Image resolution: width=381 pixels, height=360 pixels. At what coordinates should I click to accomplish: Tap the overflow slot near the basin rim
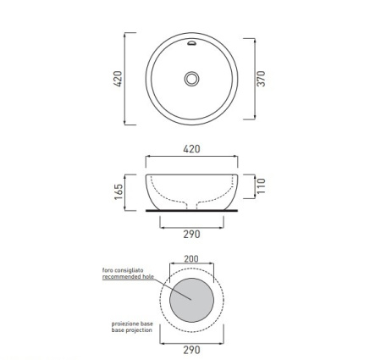coord(191,43)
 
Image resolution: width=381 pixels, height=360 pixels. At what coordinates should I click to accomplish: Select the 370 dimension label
coord(261,79)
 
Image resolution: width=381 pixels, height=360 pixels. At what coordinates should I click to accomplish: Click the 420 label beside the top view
coord(118,79)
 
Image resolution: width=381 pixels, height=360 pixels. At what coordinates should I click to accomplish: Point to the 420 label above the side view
coord(191,149)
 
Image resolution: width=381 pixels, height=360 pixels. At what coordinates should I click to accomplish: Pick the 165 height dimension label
coord(119,191)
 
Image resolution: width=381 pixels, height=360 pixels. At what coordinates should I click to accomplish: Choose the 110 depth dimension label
coord(261,186)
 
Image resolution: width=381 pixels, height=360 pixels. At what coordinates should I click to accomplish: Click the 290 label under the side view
coord(191,234)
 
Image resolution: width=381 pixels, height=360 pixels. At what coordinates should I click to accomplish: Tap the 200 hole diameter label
coord(191,258)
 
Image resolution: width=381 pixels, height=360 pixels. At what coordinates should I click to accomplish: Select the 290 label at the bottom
coord(191,350)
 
